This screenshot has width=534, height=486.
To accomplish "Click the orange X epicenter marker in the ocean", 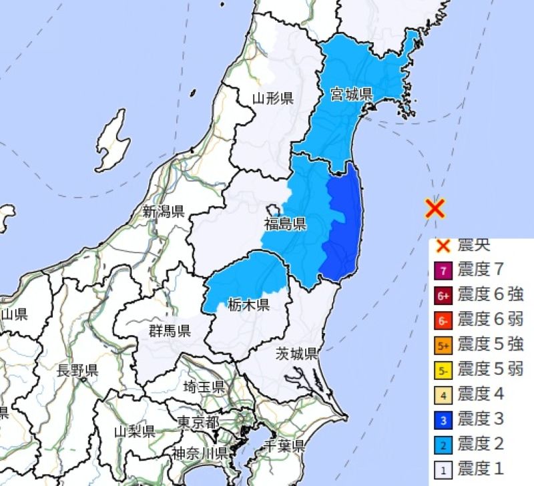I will pos(435,209).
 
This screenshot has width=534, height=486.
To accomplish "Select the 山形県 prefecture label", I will pos(273,99).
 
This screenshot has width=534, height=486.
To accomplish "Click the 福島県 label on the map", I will pos(285,222).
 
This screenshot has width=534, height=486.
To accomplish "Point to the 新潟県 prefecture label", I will pos(164,212).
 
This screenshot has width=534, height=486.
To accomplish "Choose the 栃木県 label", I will pos(248,305).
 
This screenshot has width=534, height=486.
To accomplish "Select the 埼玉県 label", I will pos(204,386).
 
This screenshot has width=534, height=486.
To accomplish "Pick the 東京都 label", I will pos(198,422).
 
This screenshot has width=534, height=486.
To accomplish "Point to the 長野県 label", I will pos(77,371).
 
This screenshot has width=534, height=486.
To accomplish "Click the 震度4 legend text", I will pos(481,394).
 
